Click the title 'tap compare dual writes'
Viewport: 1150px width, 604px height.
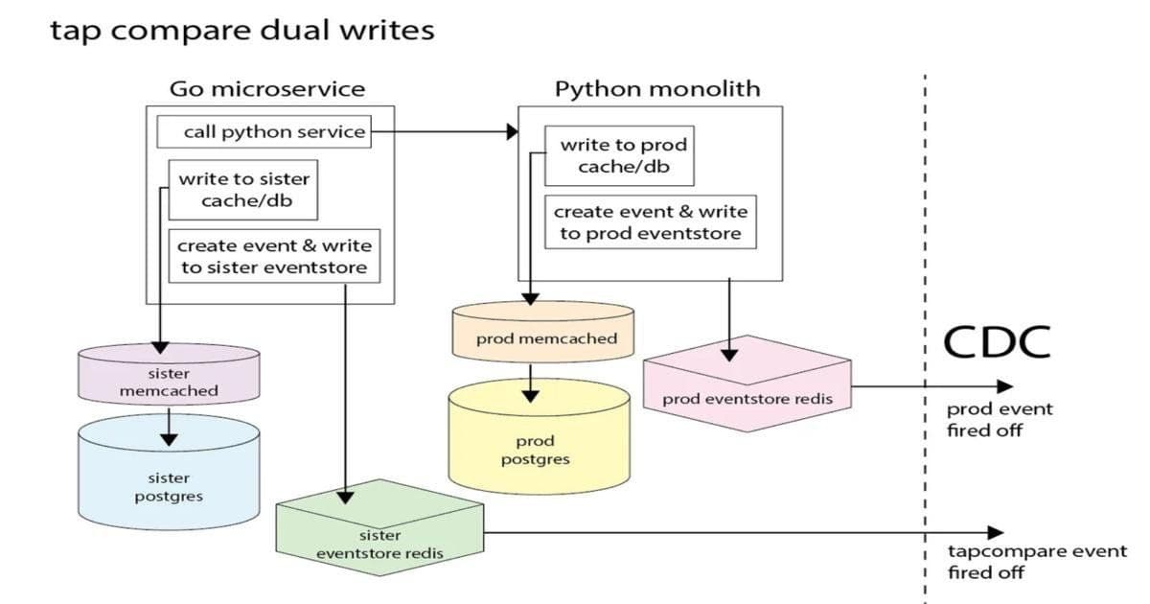[241, 31]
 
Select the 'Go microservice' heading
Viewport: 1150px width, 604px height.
[267, 89]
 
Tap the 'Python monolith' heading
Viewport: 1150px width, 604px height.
[657, 89]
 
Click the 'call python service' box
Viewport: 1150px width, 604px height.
[275, 131]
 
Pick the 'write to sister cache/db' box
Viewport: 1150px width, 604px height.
[243, 190]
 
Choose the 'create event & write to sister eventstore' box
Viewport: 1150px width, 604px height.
[274, 257]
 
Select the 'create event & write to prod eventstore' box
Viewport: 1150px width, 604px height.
[650, 222]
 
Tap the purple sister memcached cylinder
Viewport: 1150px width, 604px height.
[169, 378]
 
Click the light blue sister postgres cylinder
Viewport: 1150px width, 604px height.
[169, 479]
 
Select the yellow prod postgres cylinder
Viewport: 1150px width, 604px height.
[542, 444]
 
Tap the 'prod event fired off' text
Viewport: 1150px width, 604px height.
[986, 419]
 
